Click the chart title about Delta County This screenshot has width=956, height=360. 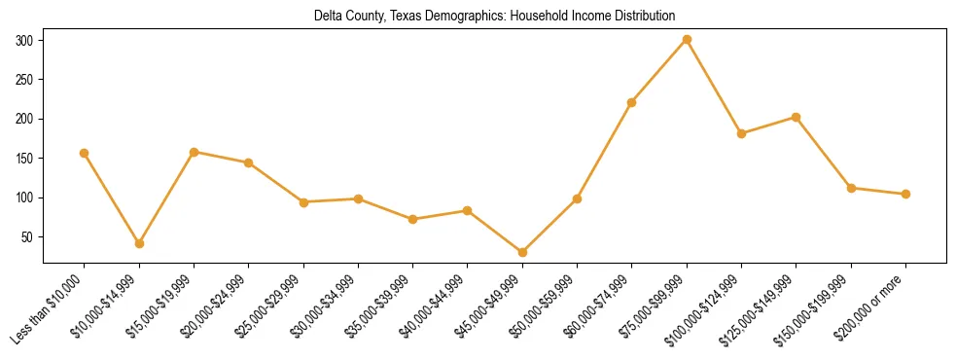pyautogui.click(x=494, y=16)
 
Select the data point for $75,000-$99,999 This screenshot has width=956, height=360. pyautogui.click(x=687, y=40)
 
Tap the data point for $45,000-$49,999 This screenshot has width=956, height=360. pyautogui.click(x=522, y=252)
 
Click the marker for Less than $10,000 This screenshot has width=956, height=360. pyautogui.click(x=84, y=153)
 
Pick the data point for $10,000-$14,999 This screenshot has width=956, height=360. pyautogui.click(x=139, y=243)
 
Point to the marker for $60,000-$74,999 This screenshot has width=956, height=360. pyautogui.click(x=632, y=102)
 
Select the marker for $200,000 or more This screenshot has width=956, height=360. pyautogui.click(x=905, y=194)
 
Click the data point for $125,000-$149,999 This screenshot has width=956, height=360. pyautogui.click(x=796, y=117)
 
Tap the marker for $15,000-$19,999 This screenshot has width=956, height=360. pyautogui.click(x=194, y=152)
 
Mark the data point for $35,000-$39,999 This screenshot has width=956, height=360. pyautogui.click(x=412, y=219)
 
